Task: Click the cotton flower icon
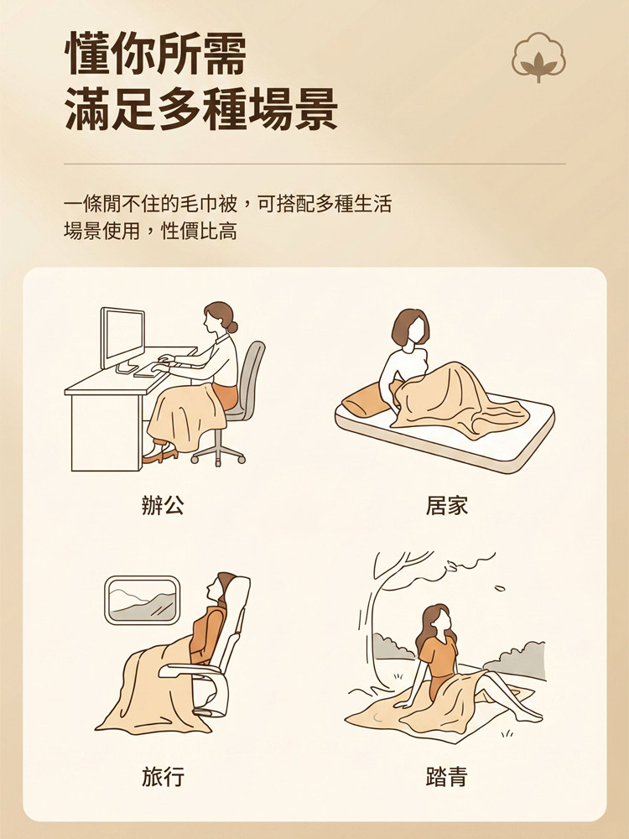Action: click(538, 57)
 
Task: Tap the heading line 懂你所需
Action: click(156, 54)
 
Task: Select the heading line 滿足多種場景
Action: click(201, 108)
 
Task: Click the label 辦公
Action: click(164, 505)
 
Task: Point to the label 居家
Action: click(447, 505)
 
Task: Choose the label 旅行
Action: click(164, 776)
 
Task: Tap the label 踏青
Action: click(447, 776)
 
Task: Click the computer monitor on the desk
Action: click(122, 339)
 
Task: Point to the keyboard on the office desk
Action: click(153, 368)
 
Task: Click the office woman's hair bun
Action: click(232, 326)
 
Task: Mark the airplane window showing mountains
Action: click(142, 600)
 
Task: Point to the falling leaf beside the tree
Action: click(499, 589)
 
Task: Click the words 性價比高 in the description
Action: click(199, 232)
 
